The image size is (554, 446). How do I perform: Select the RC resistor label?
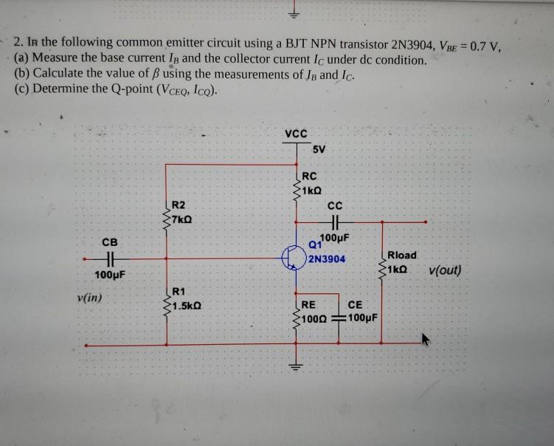click(310, 177)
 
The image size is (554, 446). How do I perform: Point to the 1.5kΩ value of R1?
click(187, 304)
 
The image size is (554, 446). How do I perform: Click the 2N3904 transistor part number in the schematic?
click(326, 259)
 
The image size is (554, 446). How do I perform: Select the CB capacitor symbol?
click(109, 258)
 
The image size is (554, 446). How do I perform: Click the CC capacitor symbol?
click(336, 221)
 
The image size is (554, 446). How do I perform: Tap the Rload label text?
click(402, 255)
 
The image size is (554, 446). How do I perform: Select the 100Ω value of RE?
click(314, 318)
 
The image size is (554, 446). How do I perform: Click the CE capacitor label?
click(355, 304)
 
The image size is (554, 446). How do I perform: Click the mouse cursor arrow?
click(426, 341)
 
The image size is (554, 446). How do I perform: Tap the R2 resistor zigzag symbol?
click(166, 214)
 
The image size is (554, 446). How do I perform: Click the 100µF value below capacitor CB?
click(109, 275)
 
